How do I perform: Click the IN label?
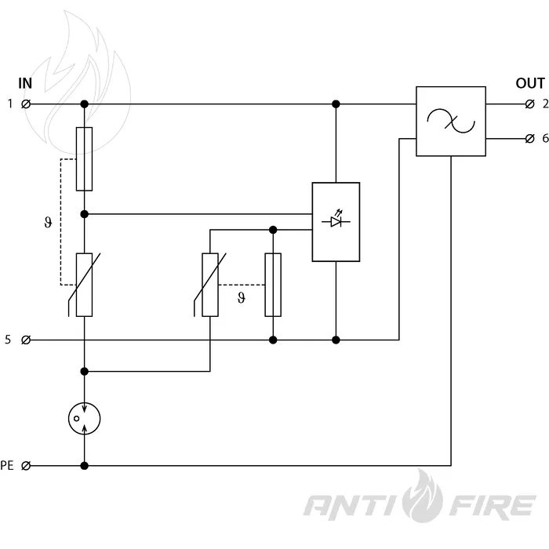click(x=25, y=83)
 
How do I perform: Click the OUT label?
click(x=530, y=83)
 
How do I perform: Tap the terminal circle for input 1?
click(x=26, y=104)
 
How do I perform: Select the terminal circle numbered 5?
click(x=26, y=340)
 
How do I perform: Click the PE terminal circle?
click(x=26, y=466)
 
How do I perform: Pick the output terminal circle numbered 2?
click(x=529, y=104)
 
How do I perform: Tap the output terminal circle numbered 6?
click(x=529, y=139)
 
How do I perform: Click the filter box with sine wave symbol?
click(x=451, y=121)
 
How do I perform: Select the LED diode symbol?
click(x=336, y=220)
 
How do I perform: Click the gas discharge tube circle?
click(x=85, y=418)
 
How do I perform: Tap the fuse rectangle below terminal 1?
click(x=85, y=159)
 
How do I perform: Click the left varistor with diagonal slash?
click(x=85, y=285)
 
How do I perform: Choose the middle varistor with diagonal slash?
click(x=210, y=285)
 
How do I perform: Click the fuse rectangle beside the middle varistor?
click(x=273, y=285)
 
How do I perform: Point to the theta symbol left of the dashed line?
click(x=49, y=222)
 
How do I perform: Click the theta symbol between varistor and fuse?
click(x=242, y=298)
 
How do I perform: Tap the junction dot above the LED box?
click(x=336, y=104)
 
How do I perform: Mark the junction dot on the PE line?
click(x=85, y=466)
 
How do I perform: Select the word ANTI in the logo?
click(x=351, y=506)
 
